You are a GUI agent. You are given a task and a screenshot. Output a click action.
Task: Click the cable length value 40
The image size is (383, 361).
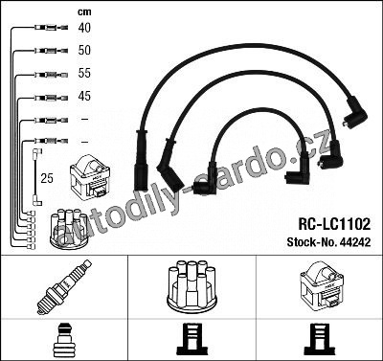[x=84, y=28]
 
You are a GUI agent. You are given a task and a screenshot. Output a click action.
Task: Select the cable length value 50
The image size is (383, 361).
[x=84, y=50]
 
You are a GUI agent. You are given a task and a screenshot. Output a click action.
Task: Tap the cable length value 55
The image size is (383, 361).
[x=84, y=73]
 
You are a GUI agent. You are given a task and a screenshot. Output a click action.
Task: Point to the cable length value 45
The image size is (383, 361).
[x=84, y=96]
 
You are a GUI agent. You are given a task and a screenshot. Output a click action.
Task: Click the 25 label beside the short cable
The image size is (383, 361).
[x=47, y=178]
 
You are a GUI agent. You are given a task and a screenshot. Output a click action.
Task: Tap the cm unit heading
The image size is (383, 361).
[x=84, y=12]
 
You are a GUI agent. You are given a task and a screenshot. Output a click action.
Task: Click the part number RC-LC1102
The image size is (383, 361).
[x=334, y=224]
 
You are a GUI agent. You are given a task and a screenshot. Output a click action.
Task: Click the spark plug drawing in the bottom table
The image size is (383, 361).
[x=63, y=287]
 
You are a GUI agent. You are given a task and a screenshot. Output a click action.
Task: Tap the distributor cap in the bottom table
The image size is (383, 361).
[x=191, y=286]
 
